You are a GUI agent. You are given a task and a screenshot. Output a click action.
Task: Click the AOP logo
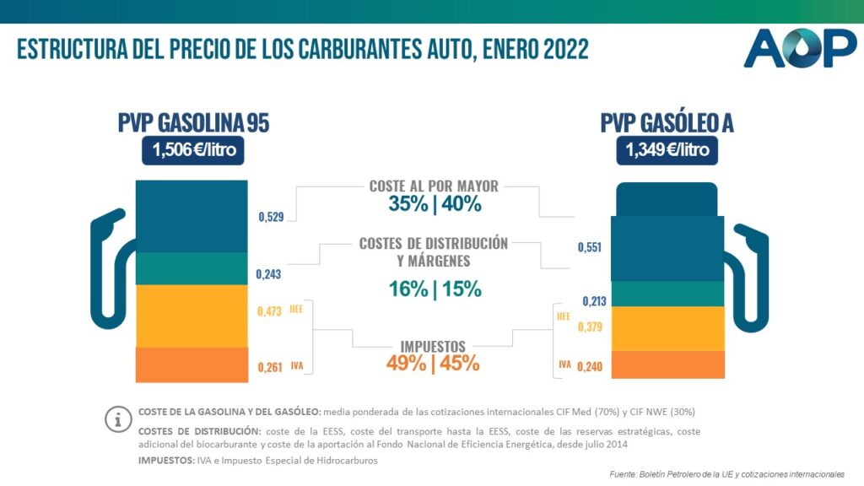click(799, 48)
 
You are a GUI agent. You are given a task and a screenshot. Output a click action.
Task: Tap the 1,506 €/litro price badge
click(193, 152)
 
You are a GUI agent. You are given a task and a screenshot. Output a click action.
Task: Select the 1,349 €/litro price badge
click(667, 152)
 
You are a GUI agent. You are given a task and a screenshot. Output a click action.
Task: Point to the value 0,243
click(268, 274)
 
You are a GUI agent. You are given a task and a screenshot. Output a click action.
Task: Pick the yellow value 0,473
click(269, 312)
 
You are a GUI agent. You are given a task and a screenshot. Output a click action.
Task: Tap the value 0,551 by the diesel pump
click(590, 247)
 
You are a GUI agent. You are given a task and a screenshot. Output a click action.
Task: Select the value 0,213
click(594, 301)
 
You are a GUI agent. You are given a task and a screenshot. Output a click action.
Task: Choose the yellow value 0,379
click(589, 327)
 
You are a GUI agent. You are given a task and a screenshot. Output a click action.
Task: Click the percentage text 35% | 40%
click(435, 204)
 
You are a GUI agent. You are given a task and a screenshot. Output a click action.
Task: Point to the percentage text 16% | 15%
click(435, 289)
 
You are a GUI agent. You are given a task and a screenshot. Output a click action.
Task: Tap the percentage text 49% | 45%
click(434, 364)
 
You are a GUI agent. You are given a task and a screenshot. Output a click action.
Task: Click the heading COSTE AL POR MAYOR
click(434, 186)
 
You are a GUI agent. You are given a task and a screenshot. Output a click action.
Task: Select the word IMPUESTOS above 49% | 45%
click(434, 346)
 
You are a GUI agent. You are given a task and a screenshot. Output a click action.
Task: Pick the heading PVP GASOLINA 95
click(193, 123)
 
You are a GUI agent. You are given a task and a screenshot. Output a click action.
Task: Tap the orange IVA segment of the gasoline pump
click(192, 364)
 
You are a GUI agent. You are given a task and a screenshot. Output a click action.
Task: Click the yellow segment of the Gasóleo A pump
click(667, 328)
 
